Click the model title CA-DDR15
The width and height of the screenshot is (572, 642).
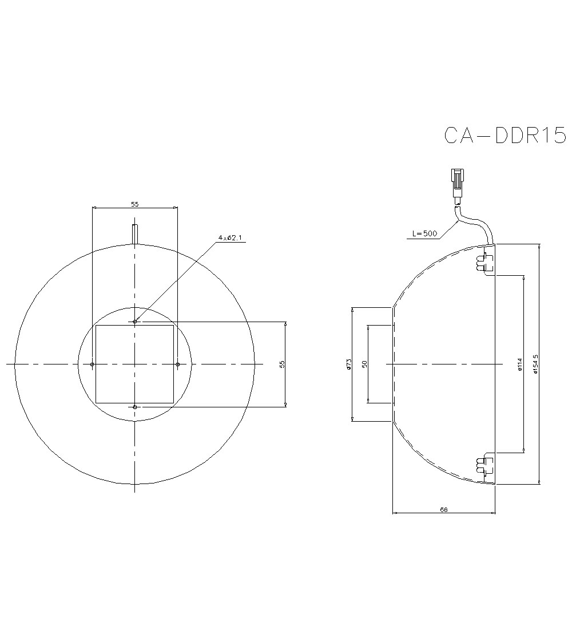tap(505, 136)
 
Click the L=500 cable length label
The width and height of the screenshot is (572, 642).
tap(424, 233)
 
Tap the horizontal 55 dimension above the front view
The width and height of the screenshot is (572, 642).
tap(135, 204)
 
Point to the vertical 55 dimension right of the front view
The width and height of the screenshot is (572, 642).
tap(281, 364)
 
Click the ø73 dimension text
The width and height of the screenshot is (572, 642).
tap(348, 364)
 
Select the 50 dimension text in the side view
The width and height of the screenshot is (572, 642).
tap(364, 364)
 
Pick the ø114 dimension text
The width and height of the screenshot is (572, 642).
tap(519, 364)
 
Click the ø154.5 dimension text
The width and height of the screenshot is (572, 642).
tap(535, 364)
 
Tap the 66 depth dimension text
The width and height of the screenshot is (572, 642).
tap(444, 509)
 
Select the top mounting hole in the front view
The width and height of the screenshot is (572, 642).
tap(135, 322)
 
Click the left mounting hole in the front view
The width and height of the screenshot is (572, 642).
tap(93, 364)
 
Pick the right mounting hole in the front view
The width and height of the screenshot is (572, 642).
tap(177, 364)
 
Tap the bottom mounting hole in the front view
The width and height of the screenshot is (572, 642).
tap(135, 407)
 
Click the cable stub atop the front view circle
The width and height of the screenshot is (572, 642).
tap(135, 233)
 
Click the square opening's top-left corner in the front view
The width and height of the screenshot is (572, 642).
tap(96, 325)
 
